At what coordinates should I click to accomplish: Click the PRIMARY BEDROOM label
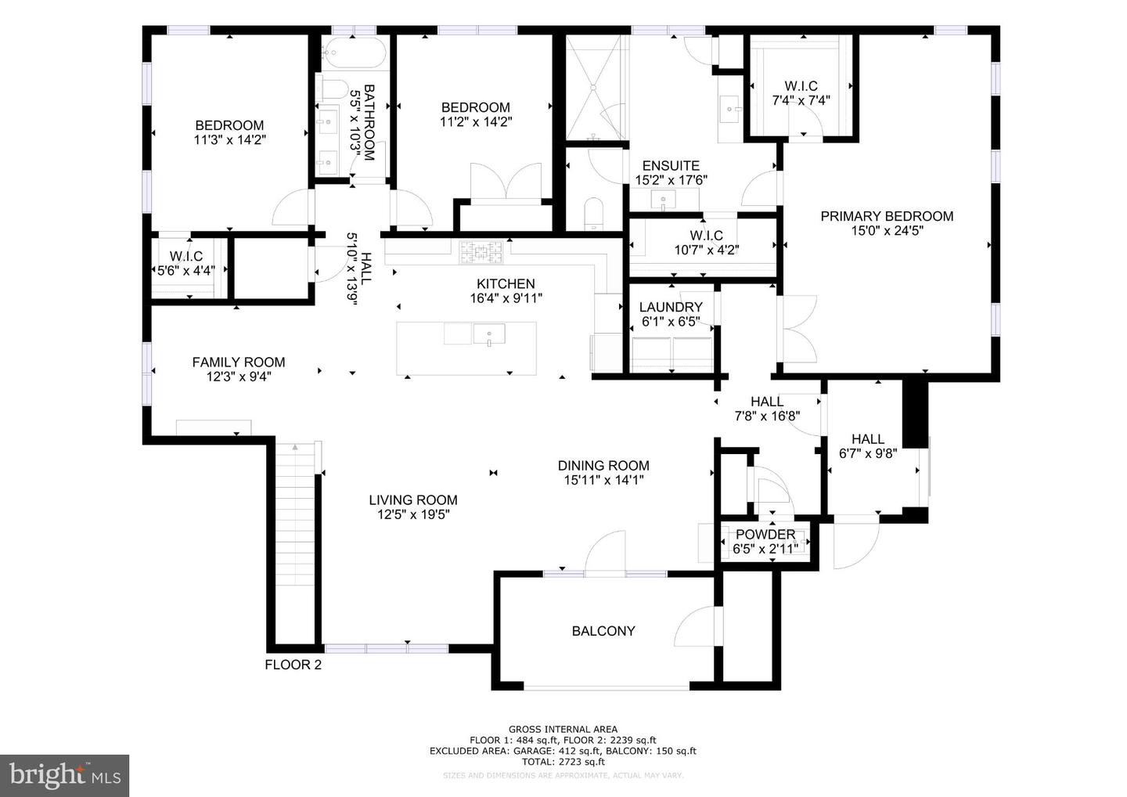coord(887,216)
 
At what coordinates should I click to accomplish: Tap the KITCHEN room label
coord(506,283)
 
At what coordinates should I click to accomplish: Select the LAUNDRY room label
coord(671,307)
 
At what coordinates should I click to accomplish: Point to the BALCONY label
coord(603,631)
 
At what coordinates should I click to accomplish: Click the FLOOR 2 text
coord(293,665)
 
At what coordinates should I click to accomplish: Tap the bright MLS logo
coord(64,775)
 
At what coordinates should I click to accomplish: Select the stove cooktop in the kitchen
coord(482,251)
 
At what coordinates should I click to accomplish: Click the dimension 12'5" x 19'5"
coord(413,514)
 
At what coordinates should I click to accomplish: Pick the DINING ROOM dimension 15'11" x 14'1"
coord(603,480)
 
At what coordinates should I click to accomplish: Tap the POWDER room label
coord(765,534)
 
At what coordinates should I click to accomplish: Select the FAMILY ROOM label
coord(239,362)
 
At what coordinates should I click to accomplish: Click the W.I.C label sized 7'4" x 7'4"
coord(801,86)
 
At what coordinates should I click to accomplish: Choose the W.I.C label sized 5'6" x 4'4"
coord(186,256)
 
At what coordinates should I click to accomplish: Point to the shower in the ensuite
coord(596,86)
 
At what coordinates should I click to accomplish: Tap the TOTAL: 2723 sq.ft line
coord(563,761)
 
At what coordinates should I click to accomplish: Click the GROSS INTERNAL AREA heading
coord(563,729)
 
